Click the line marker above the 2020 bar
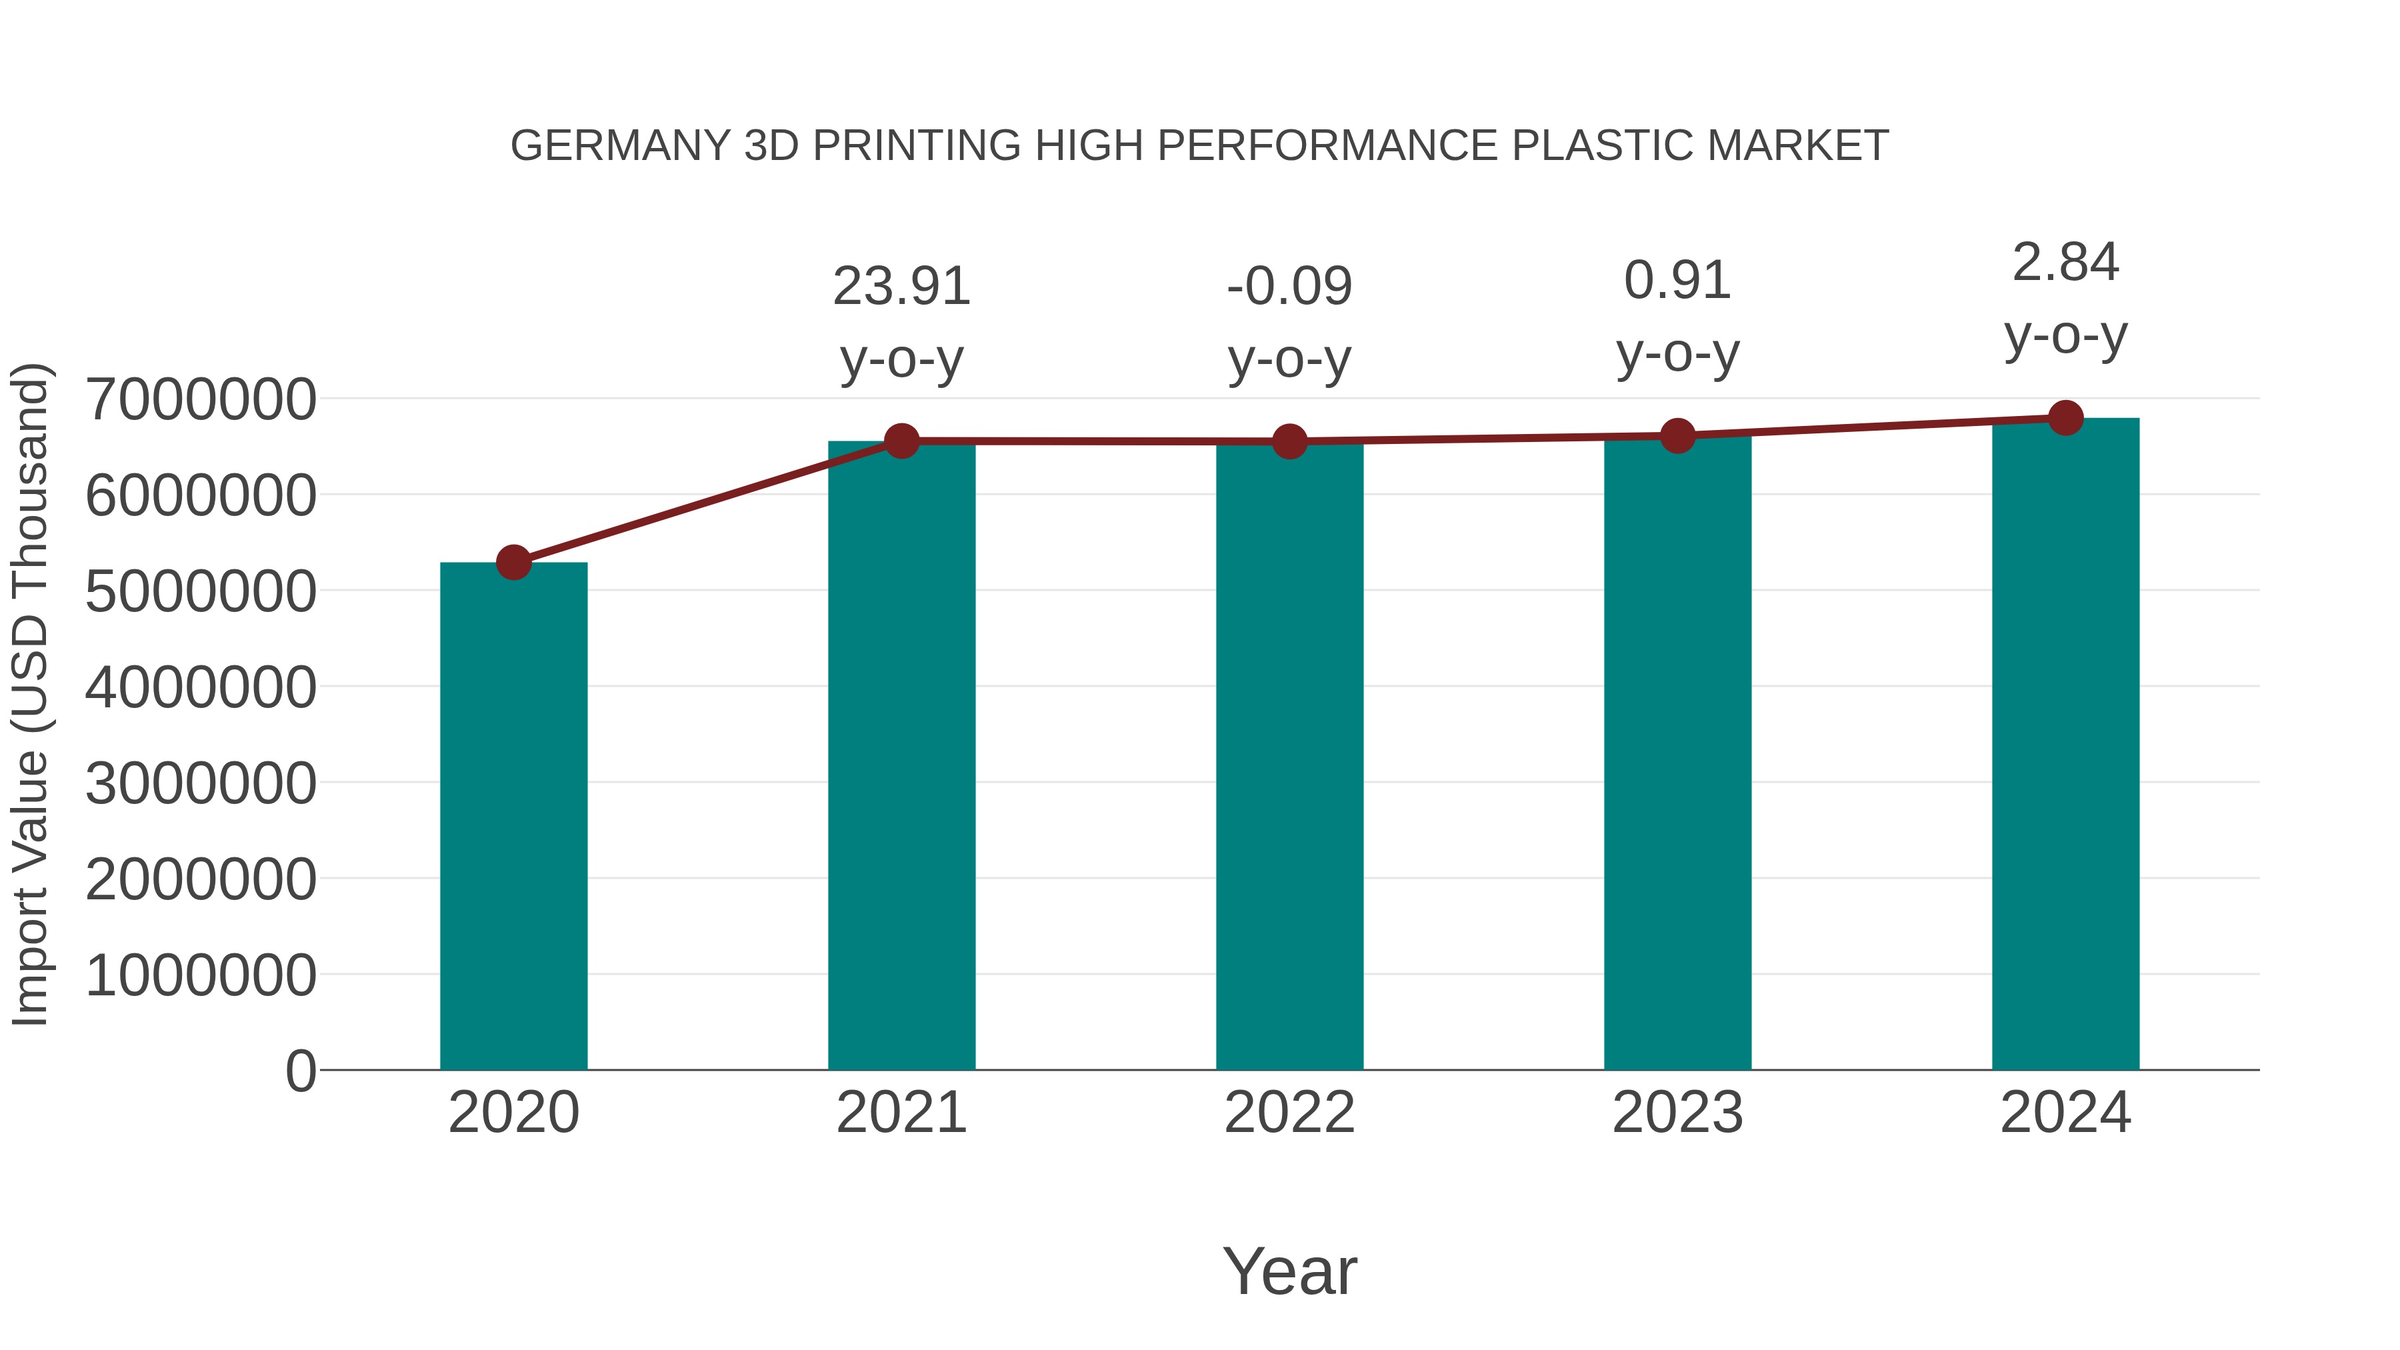pos(513,562)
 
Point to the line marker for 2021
pos(902,441)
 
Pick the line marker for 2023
pos(1677,435)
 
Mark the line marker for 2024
pos(2065,418)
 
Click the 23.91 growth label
pos(902,286)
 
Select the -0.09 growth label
pos(1289,286)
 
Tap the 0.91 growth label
pos(1677,281)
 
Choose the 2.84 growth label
pos(2065,263)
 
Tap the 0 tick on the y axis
pos(301,1071)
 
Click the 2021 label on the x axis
pos(902,1113)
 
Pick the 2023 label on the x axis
pos(1677,1113)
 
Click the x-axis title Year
pos(1289,1271)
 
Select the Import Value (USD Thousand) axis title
pos(30,694)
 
